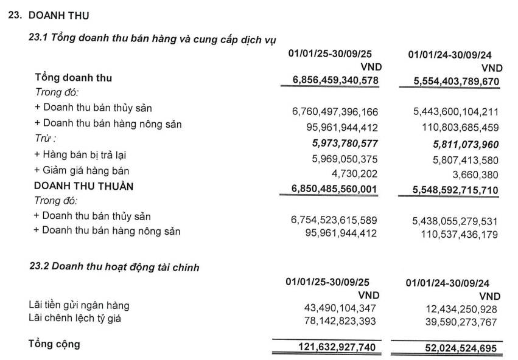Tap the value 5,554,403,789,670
tap(450, 80)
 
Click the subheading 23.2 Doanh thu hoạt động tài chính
tap(114, 266)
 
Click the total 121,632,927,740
tap(335, 348)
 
